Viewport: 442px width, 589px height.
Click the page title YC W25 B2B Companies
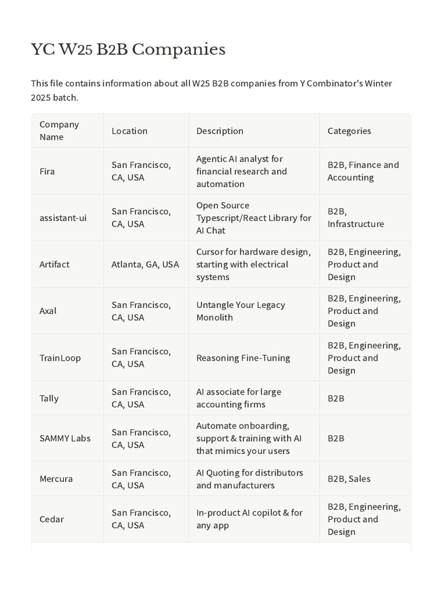(x=128, y=50)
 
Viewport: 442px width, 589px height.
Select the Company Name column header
(x=59, y=131)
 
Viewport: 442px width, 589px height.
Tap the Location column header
(x=129, y=131)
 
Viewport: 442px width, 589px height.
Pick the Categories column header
(x=349, y=131)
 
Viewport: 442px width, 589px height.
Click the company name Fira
(x=47, y=171)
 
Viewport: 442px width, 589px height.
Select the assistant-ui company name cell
(x=63, y=218)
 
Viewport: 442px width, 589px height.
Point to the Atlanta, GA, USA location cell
(x=145, y=265)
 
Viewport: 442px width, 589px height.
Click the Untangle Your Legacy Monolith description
(x=241, y=311)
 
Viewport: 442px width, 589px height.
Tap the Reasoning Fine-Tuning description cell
(x=243, y=358)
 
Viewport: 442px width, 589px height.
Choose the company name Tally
(x=49, y=398)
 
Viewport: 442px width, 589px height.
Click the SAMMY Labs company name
(x=65, y=438)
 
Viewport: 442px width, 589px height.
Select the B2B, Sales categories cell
(x=349, y=479)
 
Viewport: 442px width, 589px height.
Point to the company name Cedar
(x=51, y=519)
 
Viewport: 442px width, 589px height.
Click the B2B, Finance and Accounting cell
(x=363, y=171)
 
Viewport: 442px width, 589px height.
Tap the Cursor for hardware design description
(x=253, y=265)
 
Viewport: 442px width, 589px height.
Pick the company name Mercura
(x=56, y=479)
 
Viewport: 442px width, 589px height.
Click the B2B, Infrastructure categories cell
(x=356, y=218)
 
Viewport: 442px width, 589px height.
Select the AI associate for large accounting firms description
(x=239, y=398)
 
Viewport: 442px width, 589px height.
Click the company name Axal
(x=48, y=311)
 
